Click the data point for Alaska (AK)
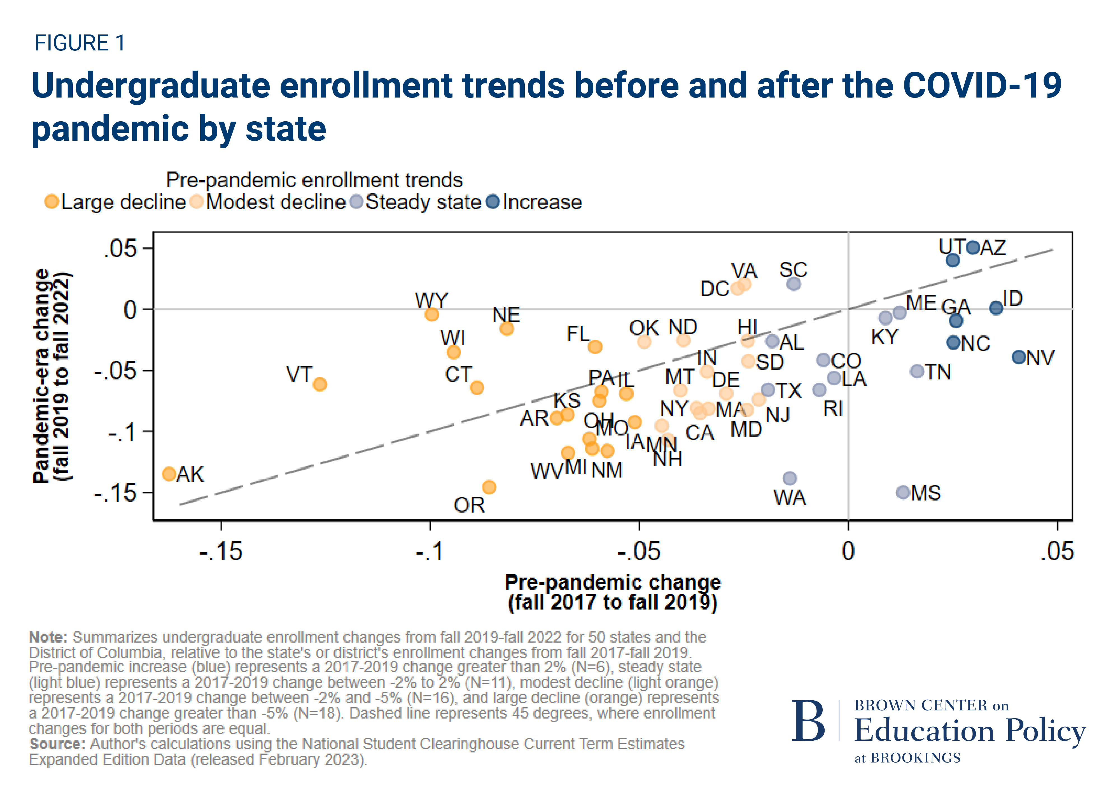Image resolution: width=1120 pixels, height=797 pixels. pyautogui.click(x=169, y=474)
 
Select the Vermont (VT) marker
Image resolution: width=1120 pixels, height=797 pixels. pyautogui.click(x=320, y=384)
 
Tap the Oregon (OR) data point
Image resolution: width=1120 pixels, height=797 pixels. pyautogui.click(x=489, y=487)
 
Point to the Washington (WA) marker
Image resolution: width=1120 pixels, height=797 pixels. pyautogui.click(x=790, y=478)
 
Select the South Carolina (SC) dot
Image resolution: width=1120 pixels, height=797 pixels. pyautogui.click(x=794, y=284)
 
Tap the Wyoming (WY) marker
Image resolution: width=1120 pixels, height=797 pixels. pyautogui.click(x=431, y=314)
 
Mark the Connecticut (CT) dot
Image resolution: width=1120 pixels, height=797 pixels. pyautogui.click(x=477, y=387)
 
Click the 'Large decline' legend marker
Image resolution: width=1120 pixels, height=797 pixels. pyautogui.click(x=52, y=202)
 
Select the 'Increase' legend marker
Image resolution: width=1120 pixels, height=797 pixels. pyautogui.click(x=493, y=202)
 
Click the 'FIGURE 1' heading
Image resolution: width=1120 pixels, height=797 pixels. pyautogui.click(x=80, y=43)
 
